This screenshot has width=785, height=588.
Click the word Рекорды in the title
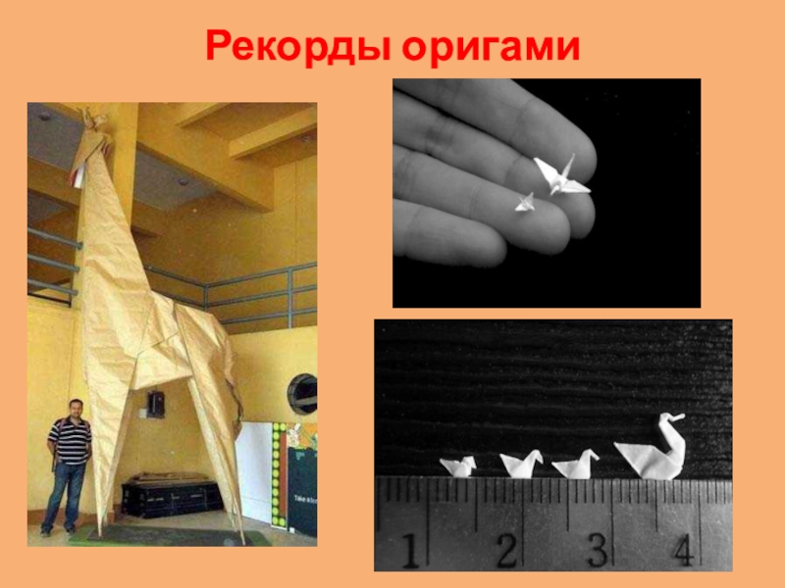[x=299, y=47]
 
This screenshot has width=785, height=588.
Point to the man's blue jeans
[x=63, y=495]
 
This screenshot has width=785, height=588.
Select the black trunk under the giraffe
[x=171, y=496]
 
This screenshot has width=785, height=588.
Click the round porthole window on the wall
[x=302, y=394]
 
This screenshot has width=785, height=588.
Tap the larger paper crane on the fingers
[x=561, y=176]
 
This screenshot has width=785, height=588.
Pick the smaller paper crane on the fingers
[x=525, y=203]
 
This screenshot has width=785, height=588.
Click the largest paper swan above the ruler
[x=651, y=448]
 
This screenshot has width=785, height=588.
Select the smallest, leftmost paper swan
[x=458, y=466]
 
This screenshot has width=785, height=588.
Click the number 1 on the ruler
[x=410, y=551]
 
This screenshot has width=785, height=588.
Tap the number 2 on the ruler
[x=506, y=550]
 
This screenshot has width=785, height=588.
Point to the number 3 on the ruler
[x=597, y=550]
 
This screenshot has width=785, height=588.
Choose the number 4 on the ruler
[x=684, y=550]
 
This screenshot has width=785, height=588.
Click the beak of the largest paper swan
[x=678, y=416]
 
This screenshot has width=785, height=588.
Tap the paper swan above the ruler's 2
[x=521, y=464]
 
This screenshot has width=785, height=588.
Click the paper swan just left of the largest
[x=576, y=465]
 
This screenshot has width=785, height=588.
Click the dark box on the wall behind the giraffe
[x=156, y=404]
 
